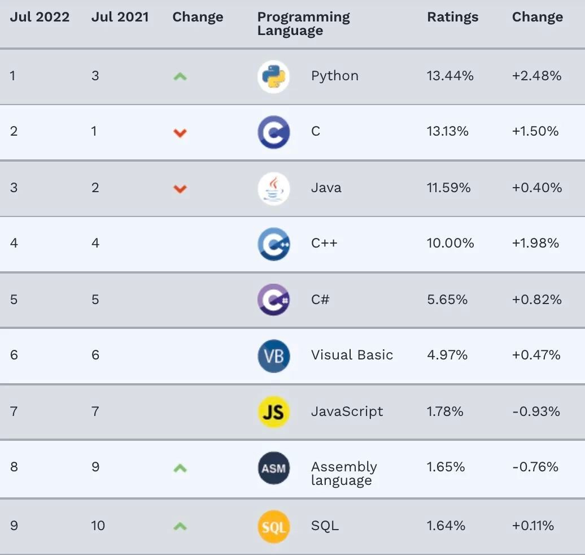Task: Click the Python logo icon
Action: pyautogui.click(x=274, y=76)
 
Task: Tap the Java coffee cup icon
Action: pyautogui.click(x=274, y=188)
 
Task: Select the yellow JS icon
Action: pyautogui.click(x=274, y=411)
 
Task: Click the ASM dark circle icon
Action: pyautogui.click(x=274, y=468)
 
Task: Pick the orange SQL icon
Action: pyautogui.click(x=274, y=526)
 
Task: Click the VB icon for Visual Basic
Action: pyautogui.click(x=274, y=356)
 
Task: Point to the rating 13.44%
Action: pyautogui.click(x=450, y=76)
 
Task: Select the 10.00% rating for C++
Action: pyautogui.click(x=451, y=243)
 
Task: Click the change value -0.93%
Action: pyautogui.click(x=536, y=411)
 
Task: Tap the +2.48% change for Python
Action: pyautogui.click(x=536, y=76)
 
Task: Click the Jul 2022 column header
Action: pyautogui.click(x=40, y=17)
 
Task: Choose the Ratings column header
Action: pyautogui.click(x=452, y=17)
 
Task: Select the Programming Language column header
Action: pyautogui.click(x=303, y=24)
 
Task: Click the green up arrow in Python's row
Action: pyautogui.click(x=180, y=76)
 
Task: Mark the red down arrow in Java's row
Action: pyautogui.click(x=180, y=189)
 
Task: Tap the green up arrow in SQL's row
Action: pyautogui.click(x=180, y=526)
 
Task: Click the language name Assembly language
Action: pyautogui.click(x=343, y=474)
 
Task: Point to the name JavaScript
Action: pyautogui.click(x=347, y=411)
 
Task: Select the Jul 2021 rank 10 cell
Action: pyautogui.click(x=98, y=526)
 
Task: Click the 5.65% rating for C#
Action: pyautogui.click(x=447, y=300)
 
